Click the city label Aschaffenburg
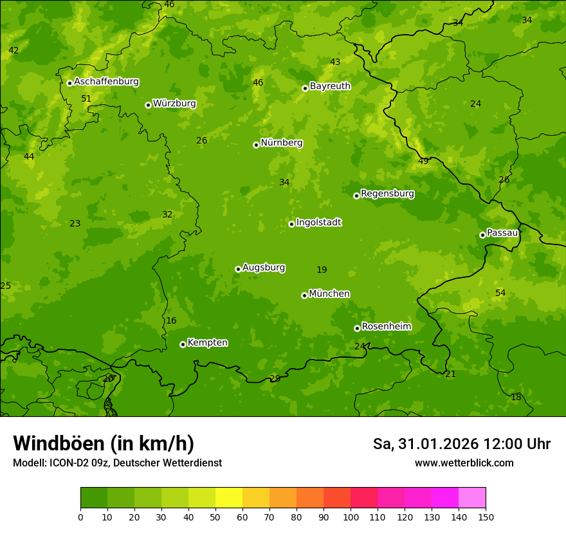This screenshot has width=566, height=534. pyautogui.click(x=106, y=82)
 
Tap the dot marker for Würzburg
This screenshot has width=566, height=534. pyautogui.click(x=148, y=105)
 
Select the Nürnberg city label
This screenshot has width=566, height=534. pyautogui.click(x=281, y=143)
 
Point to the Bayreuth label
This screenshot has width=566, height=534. pyautogui.click(x=330, y=86)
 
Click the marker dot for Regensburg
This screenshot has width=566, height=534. pyautogui.click(x=356, y=196)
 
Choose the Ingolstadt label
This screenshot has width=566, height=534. pyautogui.click(x=318, y=223)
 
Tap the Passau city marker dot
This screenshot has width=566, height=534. pyautogui.click(x=482, y=235)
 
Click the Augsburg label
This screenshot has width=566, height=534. pyautogui.click(x=264, y=268)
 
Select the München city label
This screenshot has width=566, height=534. pyautogui.click(x=329, y=294)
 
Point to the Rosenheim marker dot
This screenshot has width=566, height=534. pyautogui.click(x=357, y=328)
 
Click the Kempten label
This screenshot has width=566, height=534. pyautogui.click(x=207, y=343)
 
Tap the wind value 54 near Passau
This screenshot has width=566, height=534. pyautogui.click(x=500, y=293)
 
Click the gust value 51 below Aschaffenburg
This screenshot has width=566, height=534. pyautogui.click(x=86, y=98)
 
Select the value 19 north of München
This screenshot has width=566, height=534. pyautogui.click(x=322, y=270)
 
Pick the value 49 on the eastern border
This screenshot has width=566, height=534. pyautogui.click(x=423, y=161)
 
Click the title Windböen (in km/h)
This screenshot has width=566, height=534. pyautogui.click(x=103, y=443)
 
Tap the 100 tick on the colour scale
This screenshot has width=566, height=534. pyautogui.click(x=351, y=516)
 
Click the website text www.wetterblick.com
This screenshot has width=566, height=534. pyautogui.click(x=464, y=463)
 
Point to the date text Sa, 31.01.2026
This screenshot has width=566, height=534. pyautogui.click(x=425, y=444)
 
